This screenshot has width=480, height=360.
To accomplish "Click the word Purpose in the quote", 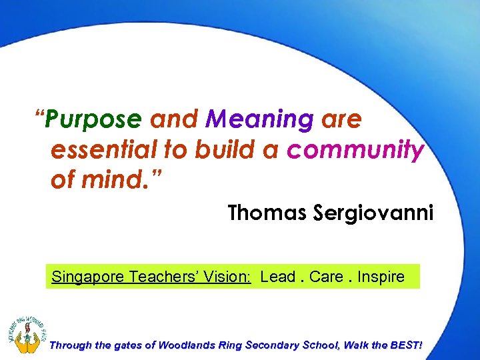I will [x=95, y=119].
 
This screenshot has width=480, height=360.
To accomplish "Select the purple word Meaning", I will [x=259, y=119].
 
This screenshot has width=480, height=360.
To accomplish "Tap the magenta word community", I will [x=355, y=151].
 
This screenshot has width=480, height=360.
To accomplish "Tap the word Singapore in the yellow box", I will [x=86, y=277].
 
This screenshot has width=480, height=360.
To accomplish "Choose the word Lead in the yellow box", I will [x=277, y=277].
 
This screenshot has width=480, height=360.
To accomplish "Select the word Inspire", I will [x=381, y=277].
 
